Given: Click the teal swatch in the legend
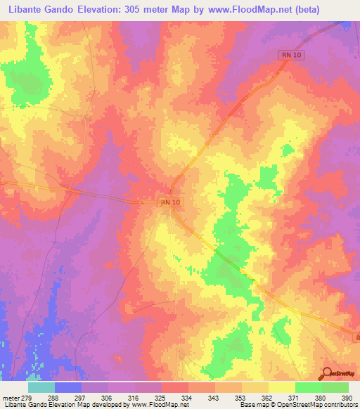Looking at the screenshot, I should pos(41,387).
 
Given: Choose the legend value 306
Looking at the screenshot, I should pos(105,398).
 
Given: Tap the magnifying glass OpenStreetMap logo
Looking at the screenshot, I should pos(326,372).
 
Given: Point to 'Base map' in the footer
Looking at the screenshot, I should pos(252,405).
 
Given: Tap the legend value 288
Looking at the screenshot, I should pos(52,398).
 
